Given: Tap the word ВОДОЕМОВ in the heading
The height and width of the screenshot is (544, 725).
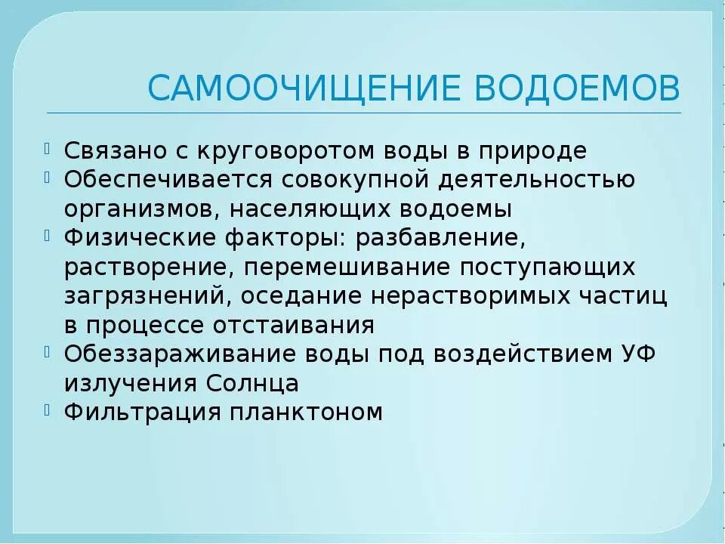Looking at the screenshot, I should point(577,88).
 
